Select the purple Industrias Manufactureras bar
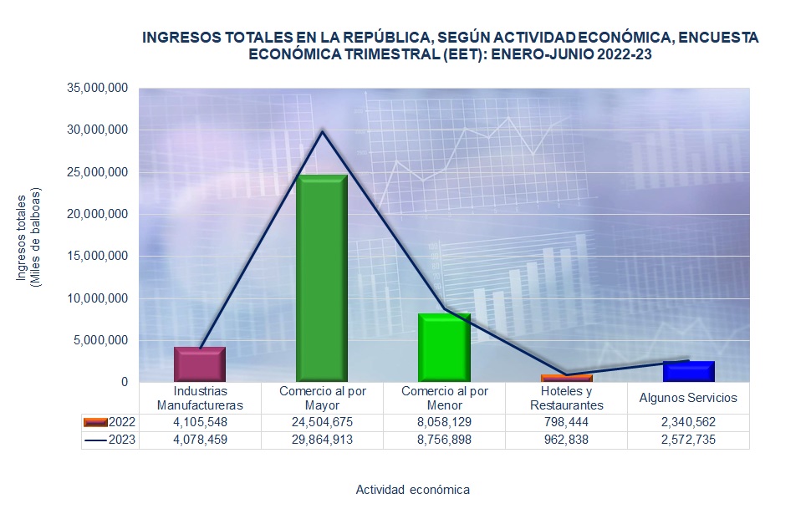point(200,364)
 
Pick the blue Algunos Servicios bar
point(689,371)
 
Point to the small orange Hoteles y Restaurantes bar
point(566,379)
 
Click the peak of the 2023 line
point(322,131)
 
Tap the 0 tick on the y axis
point(124,382)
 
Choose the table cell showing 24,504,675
point(322,422)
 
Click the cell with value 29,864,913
point(322,440)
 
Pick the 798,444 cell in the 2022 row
point(566,422)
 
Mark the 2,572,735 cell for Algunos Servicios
point(689,440)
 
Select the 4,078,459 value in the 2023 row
point(200,440)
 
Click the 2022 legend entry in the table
point(110,422)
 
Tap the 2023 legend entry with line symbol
point(110,440)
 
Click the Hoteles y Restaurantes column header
point(566,398)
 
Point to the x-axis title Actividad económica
point(412,489)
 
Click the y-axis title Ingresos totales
point(23,239)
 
